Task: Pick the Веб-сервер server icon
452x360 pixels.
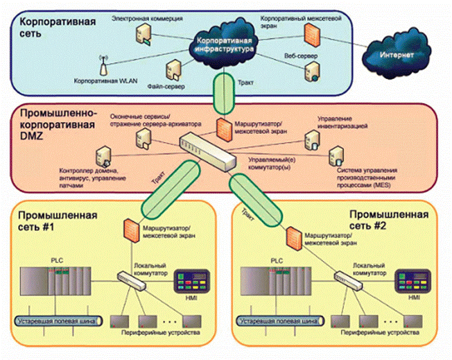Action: (316, 69)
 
